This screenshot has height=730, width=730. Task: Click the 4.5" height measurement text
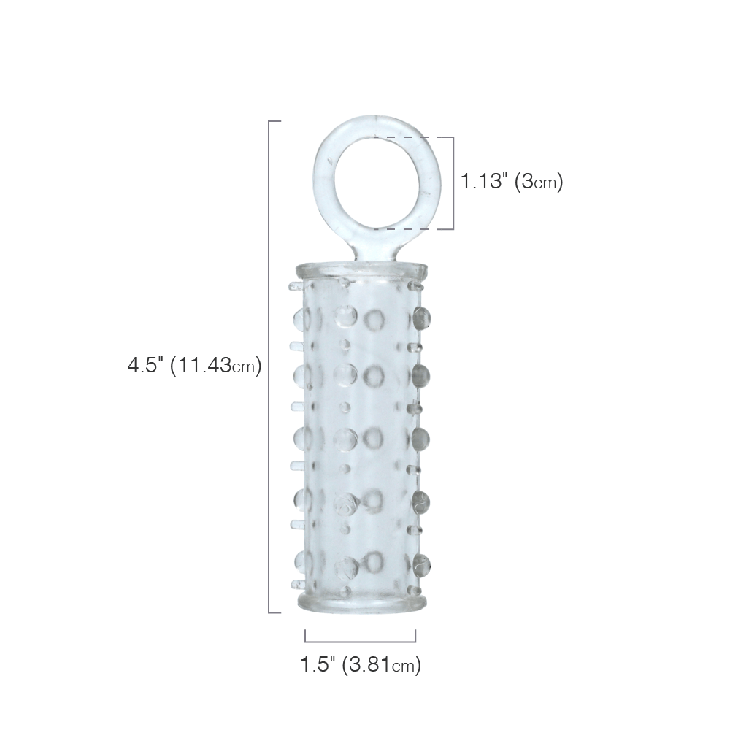[x=146, y=365]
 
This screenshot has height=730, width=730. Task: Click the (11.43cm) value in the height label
[x=216, y=366]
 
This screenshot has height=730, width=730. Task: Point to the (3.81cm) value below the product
[x=381, y=665]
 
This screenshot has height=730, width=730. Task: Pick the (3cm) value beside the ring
[x=539, y=181]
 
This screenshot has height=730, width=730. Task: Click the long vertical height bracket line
[x=269, y=367]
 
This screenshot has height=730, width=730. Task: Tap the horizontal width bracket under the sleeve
[x=361, y=642]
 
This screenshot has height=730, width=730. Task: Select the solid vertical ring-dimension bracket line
[x=453, y=183]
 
